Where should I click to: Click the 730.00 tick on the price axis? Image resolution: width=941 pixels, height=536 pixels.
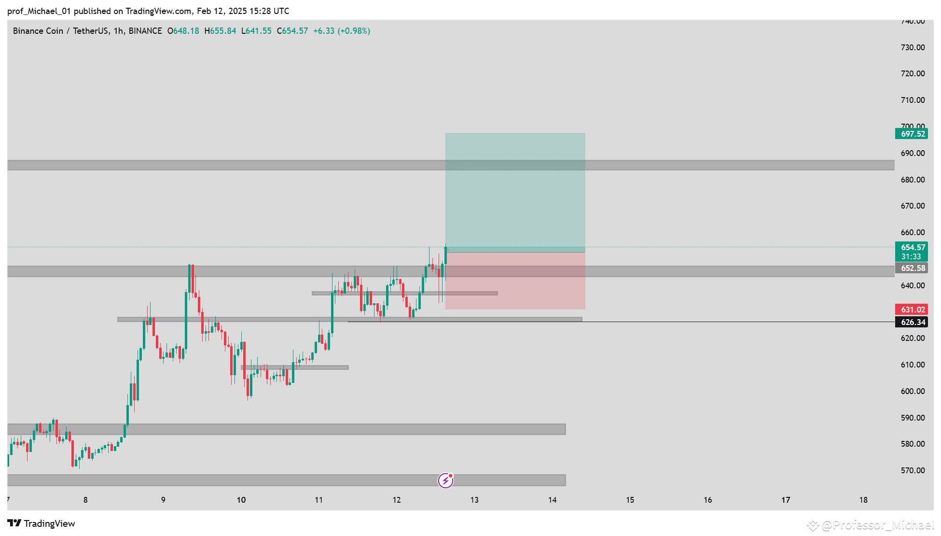(913, 47)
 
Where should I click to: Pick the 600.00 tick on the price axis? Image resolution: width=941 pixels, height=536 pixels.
(913, 391)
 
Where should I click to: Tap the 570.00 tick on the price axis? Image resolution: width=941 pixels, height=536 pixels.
(913, 470)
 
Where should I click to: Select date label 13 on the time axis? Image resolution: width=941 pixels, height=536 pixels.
(474, 500)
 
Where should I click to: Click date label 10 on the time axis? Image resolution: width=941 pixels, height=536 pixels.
(241, 500)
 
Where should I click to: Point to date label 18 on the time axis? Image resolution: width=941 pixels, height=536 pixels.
(863, 500)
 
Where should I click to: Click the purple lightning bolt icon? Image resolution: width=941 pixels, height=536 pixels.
(445, 480)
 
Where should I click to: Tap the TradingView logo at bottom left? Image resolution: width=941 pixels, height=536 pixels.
(42, 523)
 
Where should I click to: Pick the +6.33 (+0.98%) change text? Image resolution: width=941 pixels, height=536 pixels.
(342, 31)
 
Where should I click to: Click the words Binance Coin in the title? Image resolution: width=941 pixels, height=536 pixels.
(38, 31)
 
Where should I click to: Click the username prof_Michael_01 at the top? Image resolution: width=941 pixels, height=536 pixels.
(39, 11)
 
